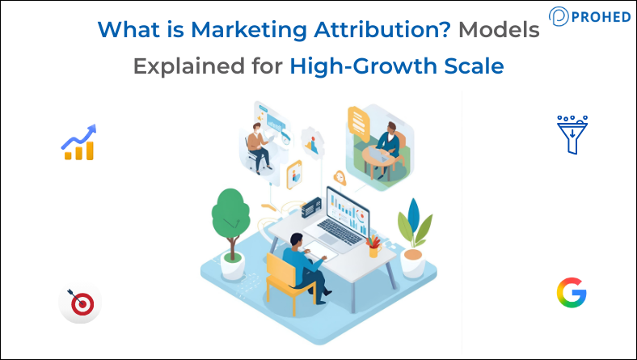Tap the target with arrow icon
(79, 304)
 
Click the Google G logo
(572, 291)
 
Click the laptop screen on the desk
(348, 210)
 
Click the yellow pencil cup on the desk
(373, 249)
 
